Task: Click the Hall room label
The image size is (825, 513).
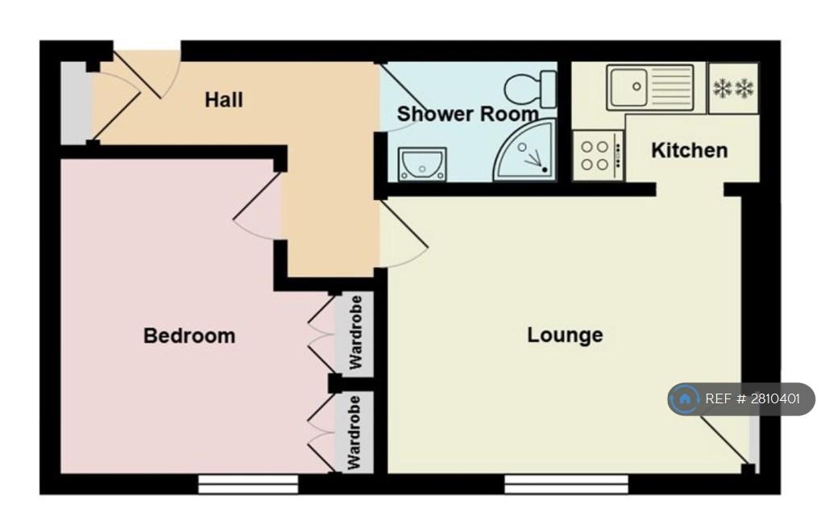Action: tap(224, 99)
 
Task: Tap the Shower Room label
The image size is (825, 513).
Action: tap(468, 114)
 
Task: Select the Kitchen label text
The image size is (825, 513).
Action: tap(690, 150)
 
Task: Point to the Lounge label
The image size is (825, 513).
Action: tap(565, 335)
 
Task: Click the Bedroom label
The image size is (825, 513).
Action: tap(189, 336)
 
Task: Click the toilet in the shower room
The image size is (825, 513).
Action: tap(530, 89)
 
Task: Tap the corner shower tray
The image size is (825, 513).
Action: tap(524, 150)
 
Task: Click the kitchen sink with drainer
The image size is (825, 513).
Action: tap(650, 87)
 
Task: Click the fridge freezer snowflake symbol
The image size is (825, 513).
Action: tap(733, 88)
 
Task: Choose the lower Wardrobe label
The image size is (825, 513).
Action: tap(354, 432)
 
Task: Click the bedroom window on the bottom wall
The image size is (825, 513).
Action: tap(248, 485)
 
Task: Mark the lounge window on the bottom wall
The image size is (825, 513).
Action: tap(566, 485)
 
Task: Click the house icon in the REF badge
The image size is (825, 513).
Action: tap(685, 398)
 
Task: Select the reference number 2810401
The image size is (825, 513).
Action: tap(775, 398)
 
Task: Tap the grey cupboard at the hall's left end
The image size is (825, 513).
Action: tap(76, 103)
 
